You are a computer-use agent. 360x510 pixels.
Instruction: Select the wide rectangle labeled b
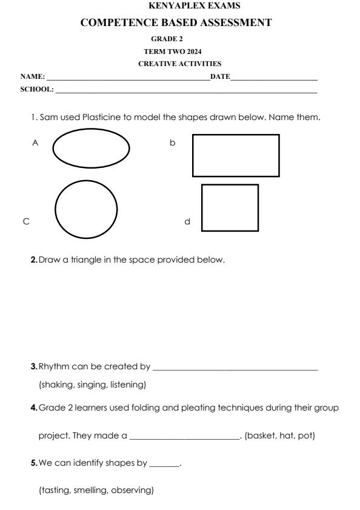(236, 155)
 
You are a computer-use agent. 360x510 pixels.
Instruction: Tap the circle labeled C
(87, 209)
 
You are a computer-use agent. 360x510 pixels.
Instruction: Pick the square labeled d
(230, 208)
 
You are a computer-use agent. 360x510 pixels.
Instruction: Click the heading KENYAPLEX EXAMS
(180, 6)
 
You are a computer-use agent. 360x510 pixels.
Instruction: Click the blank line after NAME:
(127, 79)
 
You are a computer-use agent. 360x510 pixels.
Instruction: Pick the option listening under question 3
(127, 384)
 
